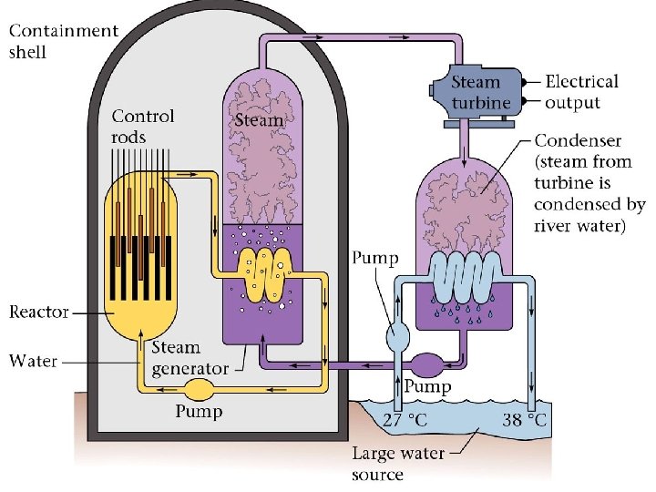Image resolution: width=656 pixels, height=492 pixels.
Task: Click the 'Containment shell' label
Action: (x=63, y=41)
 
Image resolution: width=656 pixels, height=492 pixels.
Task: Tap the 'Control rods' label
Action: (x=142, y=127)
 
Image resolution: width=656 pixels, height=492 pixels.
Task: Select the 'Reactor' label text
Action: (x=39, y=313)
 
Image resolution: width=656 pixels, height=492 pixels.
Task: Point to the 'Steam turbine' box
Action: (x=481, y=93)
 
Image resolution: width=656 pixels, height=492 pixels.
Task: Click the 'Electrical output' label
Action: (x=581, y=91)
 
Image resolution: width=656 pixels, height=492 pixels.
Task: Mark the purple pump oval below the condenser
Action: (x=427, y=364)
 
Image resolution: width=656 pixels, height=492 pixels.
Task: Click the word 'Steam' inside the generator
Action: (x=259, y=120)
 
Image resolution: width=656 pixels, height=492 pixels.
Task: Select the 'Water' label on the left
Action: (x=33, y=361)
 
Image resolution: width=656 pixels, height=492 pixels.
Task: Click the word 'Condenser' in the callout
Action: (x=578, y=140)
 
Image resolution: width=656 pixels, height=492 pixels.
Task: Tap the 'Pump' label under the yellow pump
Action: (x=199, y=412)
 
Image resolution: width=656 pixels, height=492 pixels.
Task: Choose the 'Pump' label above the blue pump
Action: (x=375, y=259)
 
